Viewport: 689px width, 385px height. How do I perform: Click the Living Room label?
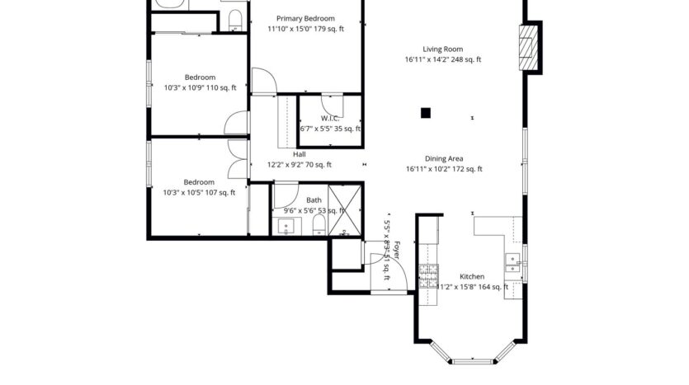[442, 49]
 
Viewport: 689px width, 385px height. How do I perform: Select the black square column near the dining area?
[426, 114]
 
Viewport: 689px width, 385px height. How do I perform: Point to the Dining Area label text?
[443, 158]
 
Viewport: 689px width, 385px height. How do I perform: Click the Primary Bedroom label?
[305, 18]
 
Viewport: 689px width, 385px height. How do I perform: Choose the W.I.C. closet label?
[329, 119]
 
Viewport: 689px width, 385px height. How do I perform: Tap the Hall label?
[299, 154]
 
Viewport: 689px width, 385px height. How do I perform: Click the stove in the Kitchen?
[428, 275]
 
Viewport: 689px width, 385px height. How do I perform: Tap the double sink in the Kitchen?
[513, 264]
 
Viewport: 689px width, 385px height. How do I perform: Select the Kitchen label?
[471, 276]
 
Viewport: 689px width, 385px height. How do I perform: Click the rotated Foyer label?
[396, 252]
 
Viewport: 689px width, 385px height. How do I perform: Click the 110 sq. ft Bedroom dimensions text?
[200, 87]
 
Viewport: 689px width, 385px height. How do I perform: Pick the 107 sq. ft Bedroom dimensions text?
[199, 192]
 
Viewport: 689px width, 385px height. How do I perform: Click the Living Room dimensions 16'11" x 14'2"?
[442, 59]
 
